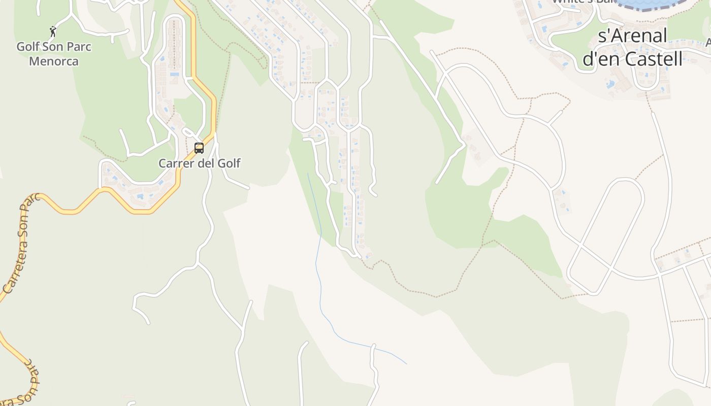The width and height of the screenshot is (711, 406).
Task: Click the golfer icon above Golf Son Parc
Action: [53, 31]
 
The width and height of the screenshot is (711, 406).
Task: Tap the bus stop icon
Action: [199, 148]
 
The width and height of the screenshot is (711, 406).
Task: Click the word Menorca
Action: [54, 61]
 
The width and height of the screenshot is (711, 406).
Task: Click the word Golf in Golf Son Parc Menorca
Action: [28, 47]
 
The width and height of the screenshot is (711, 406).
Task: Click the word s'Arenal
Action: [632, 36]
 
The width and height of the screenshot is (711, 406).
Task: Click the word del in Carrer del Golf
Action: [207, 163]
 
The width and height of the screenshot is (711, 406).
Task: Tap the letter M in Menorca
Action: [34, 61]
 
